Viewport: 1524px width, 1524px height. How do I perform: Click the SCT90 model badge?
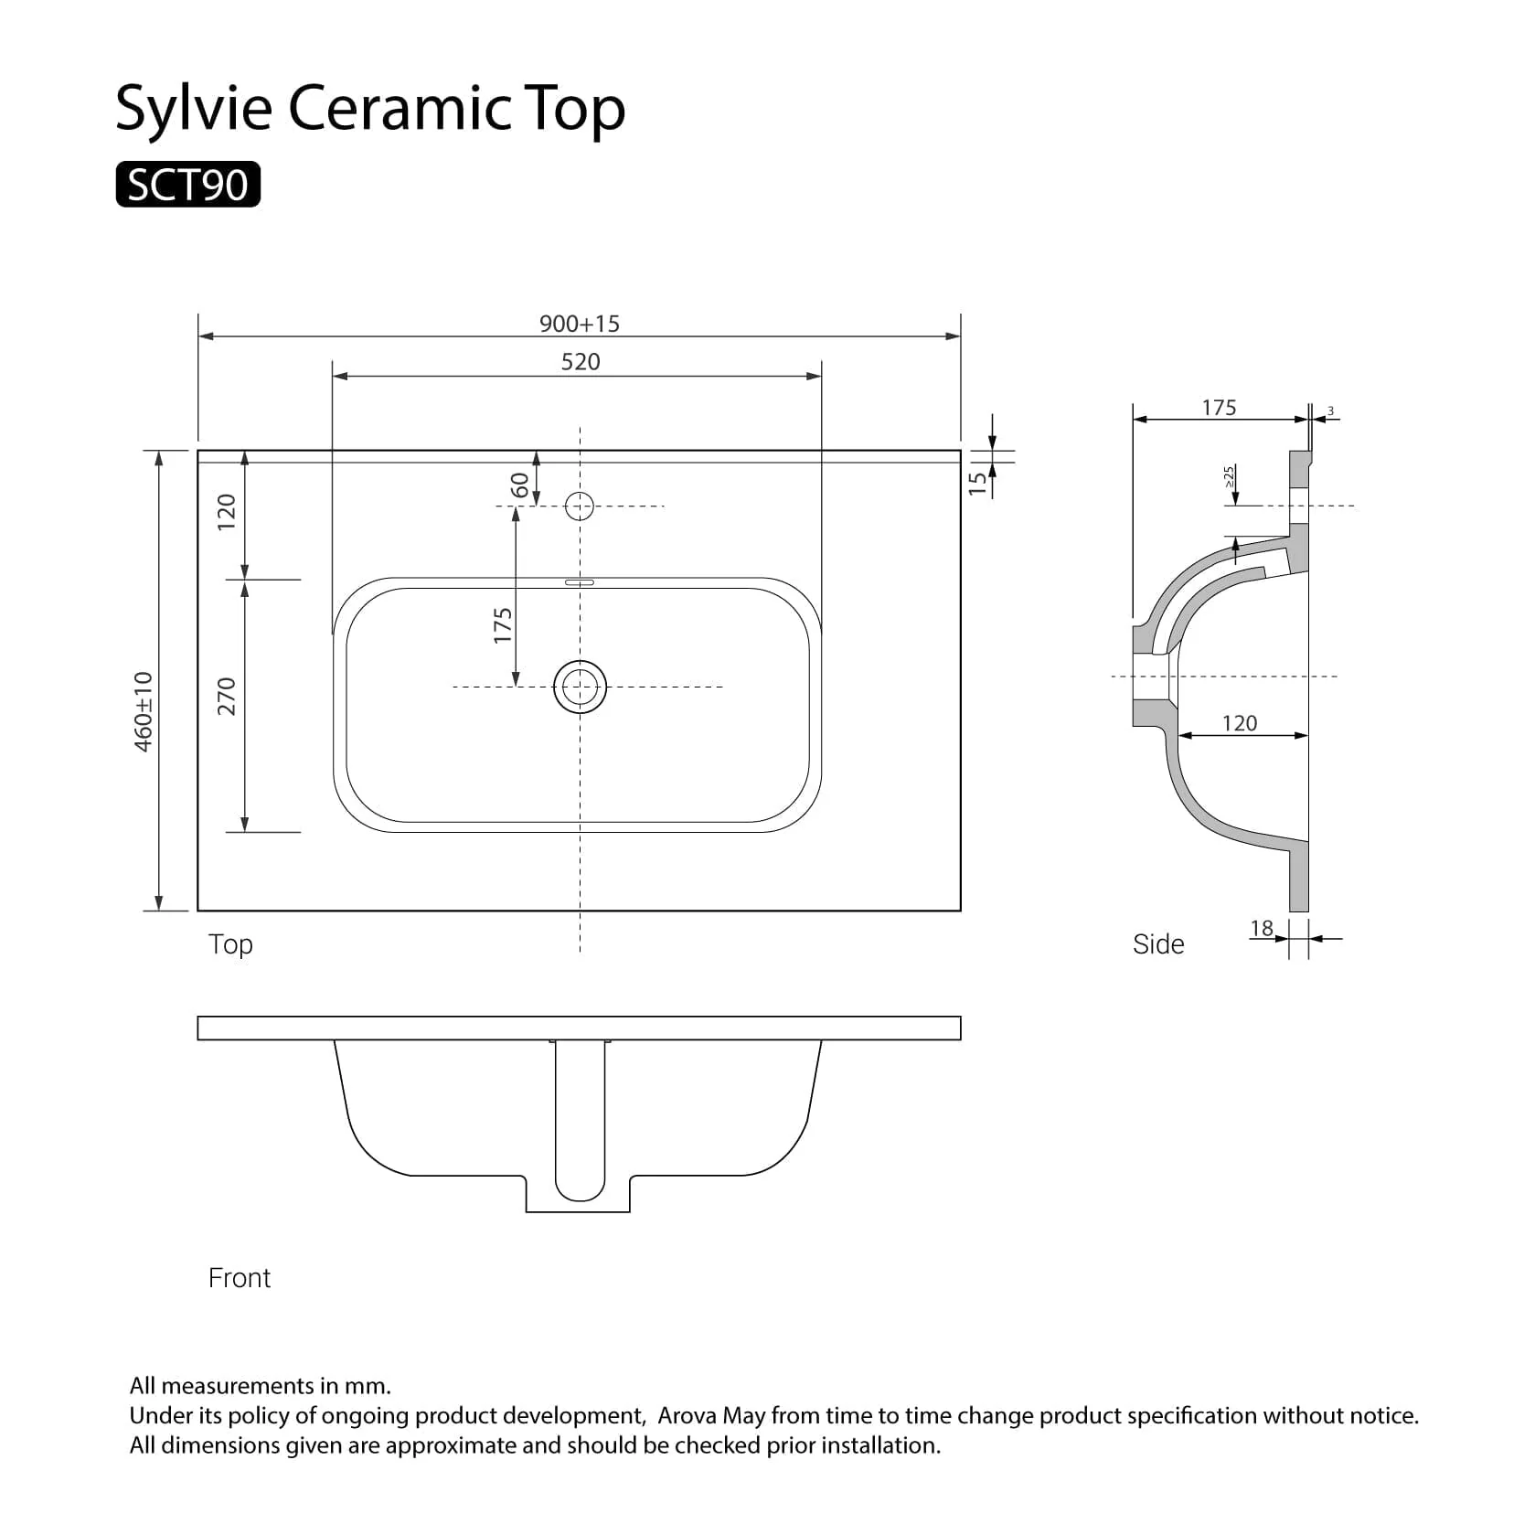pyautogui.click(x=187, y=185)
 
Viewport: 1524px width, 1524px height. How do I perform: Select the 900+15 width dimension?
pyautogui.click(x=579, y=324)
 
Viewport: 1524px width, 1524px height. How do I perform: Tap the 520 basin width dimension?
pyautogui.click(x=580, y=362)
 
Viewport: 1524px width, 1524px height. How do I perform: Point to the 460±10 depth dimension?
pyautogui.click(x=144, y=711)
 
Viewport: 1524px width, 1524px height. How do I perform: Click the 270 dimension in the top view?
pyautogui.click(x=227, y=697)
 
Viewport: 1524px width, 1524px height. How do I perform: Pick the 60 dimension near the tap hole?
pyautogui.click(x=519, y=485)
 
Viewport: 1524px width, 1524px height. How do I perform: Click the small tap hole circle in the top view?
pyautogui.click(x=580, y=506)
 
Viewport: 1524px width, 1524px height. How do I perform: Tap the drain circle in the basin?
pyautogui.click(x=580, y=687)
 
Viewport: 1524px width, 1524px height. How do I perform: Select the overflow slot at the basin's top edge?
pyautogui.click(x=580, y=581)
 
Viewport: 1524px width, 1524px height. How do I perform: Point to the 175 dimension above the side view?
pyautogui.click(x=1219, y=408)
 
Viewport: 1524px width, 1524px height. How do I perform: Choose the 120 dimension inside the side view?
pyautogui.click(x=1240, y=723)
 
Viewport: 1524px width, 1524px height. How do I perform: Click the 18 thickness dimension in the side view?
pyautogui.click(x=1262, y=929)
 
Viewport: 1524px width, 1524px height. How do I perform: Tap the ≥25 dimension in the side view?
pyautogui.click(x=1230, y=476)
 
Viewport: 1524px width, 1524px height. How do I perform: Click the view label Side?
pyautogui.click(x=1158, y=944)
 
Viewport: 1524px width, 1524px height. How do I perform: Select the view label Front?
pyautogui.click(x=240, y=1278)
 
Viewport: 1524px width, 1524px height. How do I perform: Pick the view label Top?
pyautogui.click(x=230, y=944)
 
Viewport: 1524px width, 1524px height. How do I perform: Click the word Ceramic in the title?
pyautogui.click(x=400, y=108)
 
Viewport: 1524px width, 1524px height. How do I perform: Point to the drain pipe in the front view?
pyautogui.click(x=580, y=1120)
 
